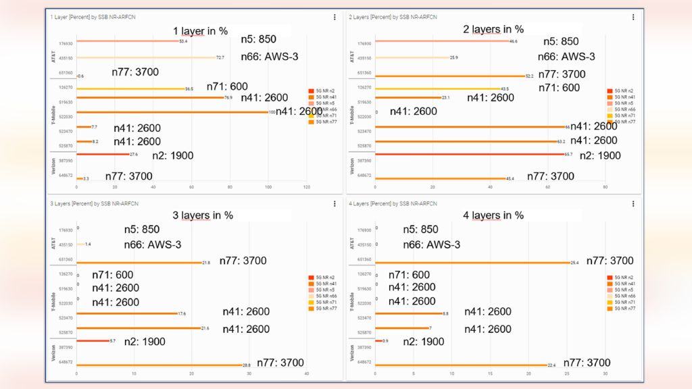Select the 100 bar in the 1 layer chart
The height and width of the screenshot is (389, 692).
click(x=172, y=111)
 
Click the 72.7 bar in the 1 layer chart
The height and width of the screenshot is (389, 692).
click(x=146, y=57)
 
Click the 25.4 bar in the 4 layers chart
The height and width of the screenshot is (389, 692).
click(x=472, y=260)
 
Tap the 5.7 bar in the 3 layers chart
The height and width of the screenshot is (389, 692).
click(x=93, y=340)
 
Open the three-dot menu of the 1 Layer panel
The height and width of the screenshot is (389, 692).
click(x=335, y=17)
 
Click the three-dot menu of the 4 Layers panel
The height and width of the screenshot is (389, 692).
click(x=633, y=203)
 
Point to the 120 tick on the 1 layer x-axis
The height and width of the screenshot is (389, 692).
click(x=307, y=187)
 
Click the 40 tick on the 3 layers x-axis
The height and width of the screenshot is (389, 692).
click(x=307, y=373)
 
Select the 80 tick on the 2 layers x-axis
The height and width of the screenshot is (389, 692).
click(x=605, y=187)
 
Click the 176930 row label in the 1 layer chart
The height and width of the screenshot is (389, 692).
click(x=66, y=42)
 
